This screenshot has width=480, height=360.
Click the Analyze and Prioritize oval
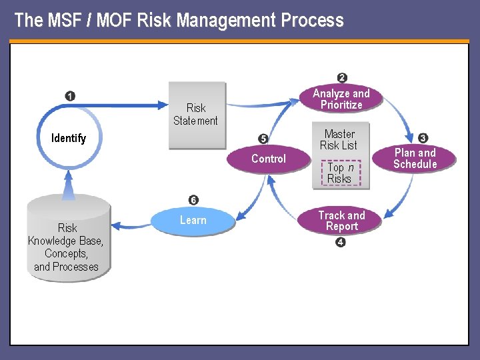pyautogui.click(x=341, y=99)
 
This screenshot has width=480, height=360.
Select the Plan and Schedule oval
pyautogui.click(x=415, y=158)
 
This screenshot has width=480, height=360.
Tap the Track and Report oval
pyautogui.click(x=341, y=221)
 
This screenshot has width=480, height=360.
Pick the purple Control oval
pyautogui.click(x=268, y=159)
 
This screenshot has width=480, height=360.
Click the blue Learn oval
pyautogui.click(x=193, y=220)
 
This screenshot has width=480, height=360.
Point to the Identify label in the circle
pyautogui.click(x=69, y=138)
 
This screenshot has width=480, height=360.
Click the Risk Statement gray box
pyautogui.click(x=196, y=115)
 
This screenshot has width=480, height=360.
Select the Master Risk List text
pyautogui.click(x=339, y=139)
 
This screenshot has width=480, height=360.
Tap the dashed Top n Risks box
pyautogui.click(x=339, y=173)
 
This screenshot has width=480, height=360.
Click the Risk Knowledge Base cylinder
pyautogui.click(x=67, y=241)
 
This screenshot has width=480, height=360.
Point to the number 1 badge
pyautogui.click(x=70, y=96)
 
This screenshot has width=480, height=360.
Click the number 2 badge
pyautogui.click(x=342, y=78)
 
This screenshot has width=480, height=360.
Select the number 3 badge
pyautogui.click(x=423, y=138)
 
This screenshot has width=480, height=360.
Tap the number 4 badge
pyautogui.click(x=341, y=243)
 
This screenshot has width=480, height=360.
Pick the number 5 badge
pyautogui.click(x=263, y=139)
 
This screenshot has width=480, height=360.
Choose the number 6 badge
pyautogui.click(x=193, y=200)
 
